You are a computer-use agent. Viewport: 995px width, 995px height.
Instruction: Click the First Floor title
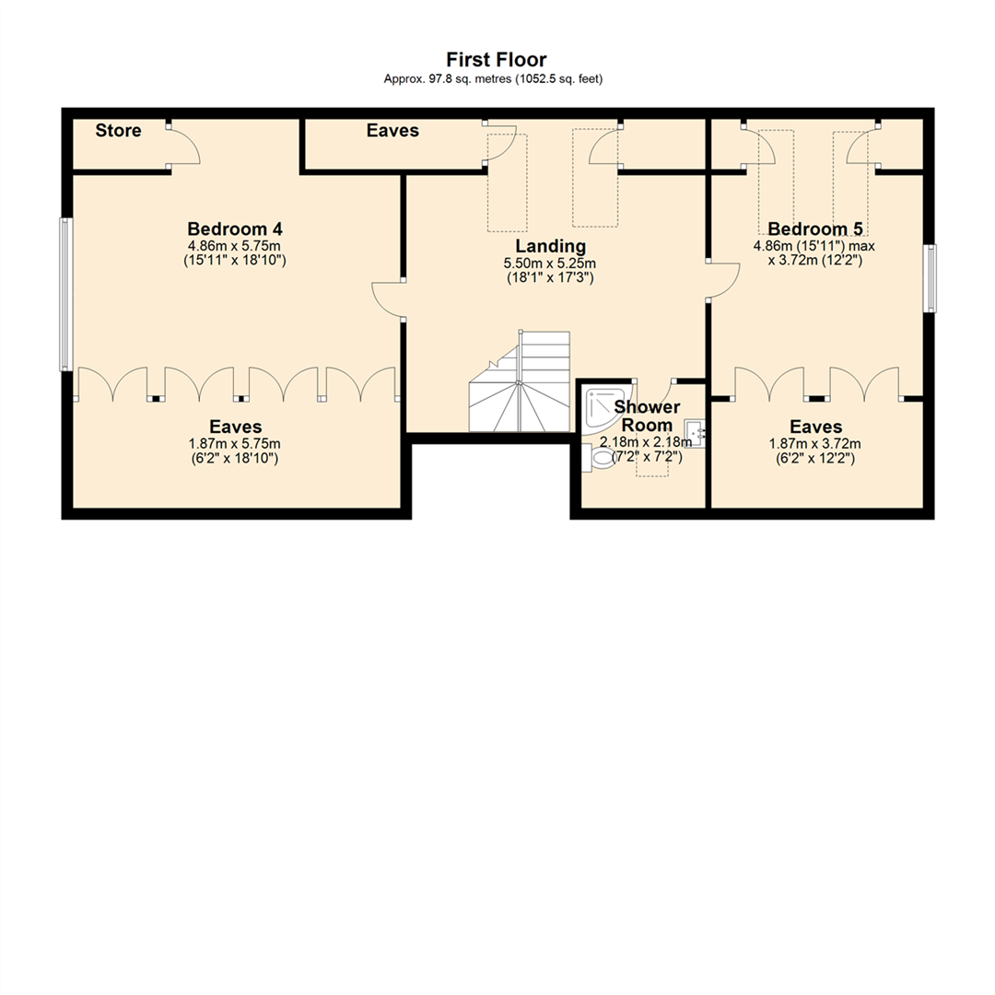(497, 60)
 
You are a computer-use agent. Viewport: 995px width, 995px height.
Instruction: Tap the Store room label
(119, 131)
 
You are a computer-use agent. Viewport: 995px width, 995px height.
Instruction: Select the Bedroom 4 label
(234, 228)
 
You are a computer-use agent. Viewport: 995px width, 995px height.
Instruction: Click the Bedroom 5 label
(807, 228)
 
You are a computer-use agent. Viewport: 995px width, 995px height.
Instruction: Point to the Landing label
(550, 246)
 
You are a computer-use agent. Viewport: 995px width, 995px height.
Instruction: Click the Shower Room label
(647, 416)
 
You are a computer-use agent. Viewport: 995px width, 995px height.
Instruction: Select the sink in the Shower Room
(694, 432)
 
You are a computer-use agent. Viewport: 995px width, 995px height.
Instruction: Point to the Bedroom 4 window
(65, 294)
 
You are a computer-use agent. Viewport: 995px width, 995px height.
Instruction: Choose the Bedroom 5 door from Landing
(724, 279)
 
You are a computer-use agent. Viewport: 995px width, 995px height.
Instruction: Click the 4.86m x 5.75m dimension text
(234, 247)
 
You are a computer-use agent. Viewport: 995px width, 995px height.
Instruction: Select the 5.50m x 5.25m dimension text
(550, 263)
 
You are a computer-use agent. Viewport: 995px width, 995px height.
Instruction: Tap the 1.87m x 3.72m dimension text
(815, 443)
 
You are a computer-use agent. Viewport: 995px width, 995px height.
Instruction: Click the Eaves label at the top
(392, 131)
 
